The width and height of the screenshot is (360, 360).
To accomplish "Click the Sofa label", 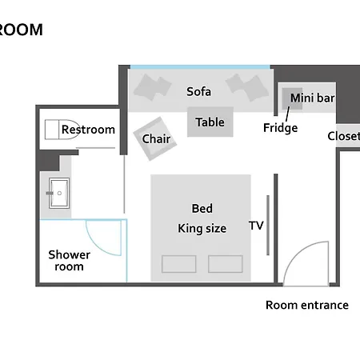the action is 198,92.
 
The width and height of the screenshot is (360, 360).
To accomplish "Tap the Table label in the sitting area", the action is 210,122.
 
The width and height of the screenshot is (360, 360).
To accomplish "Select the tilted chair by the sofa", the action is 155,138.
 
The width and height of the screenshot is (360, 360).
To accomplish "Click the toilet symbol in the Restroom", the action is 62,130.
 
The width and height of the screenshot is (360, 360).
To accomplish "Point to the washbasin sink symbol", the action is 59,193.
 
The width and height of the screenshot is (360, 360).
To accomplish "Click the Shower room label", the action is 70,261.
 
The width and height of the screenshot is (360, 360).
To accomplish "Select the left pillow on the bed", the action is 179,264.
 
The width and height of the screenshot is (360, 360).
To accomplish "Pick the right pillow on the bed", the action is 226,264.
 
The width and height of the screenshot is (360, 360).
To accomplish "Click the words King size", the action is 202,229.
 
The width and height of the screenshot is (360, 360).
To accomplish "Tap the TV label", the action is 256,226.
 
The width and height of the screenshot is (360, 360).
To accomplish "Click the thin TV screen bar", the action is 268,226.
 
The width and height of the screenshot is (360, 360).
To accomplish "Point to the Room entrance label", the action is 307,305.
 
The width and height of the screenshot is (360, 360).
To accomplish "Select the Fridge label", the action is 280,128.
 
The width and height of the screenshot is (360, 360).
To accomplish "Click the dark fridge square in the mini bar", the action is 292,98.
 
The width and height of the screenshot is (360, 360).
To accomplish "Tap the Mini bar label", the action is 313,98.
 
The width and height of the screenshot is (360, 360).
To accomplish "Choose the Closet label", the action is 344,136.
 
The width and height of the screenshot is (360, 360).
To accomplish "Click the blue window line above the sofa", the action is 200,67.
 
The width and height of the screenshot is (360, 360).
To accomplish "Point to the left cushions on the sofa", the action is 153,87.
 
